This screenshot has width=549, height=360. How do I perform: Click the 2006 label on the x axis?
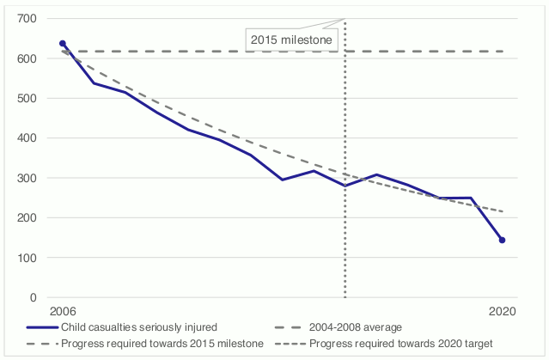[62, 312]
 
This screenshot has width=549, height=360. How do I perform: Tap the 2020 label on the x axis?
[502, 312]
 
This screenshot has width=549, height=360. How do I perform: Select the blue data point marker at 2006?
[62, 43]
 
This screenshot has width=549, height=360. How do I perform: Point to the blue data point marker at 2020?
[502, 241]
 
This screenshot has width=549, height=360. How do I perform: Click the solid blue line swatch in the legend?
[42, 327]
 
